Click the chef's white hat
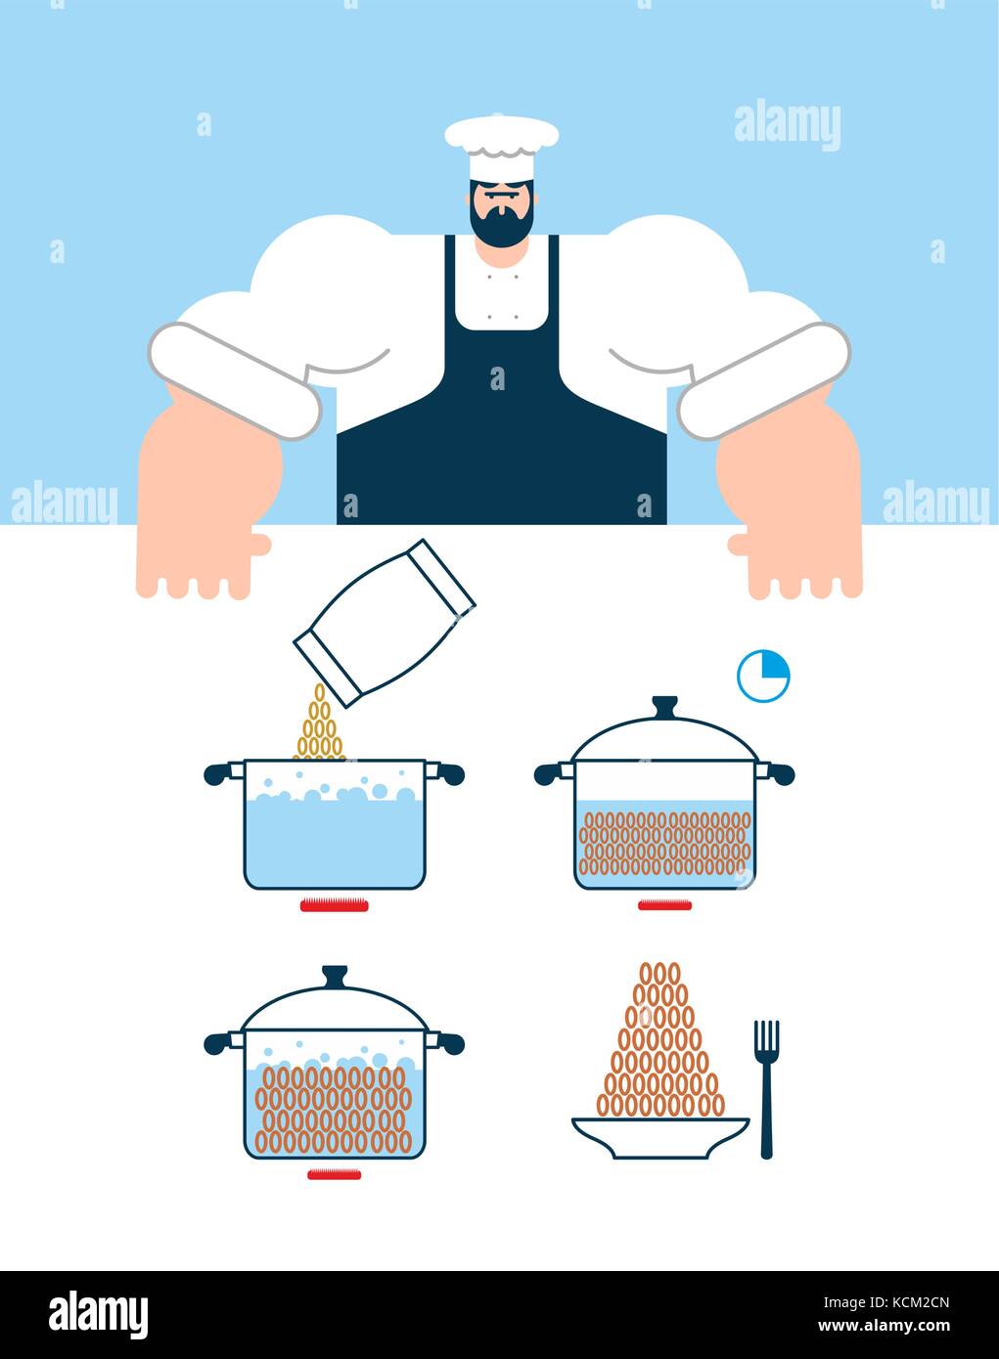(501, 147)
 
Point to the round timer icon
(763, 677)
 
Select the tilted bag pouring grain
(384, 623)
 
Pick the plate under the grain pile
(660, 1137)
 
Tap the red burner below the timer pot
(664, 905)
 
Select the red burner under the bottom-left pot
(334, 1174)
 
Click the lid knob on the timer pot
(665, 705)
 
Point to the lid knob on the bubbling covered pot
(335, 975)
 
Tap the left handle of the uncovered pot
(220, 774)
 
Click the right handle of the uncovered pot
(448, 774)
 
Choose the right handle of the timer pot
(779, 774)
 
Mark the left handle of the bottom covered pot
(220, 1043)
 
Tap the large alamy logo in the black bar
(98, 1314)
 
